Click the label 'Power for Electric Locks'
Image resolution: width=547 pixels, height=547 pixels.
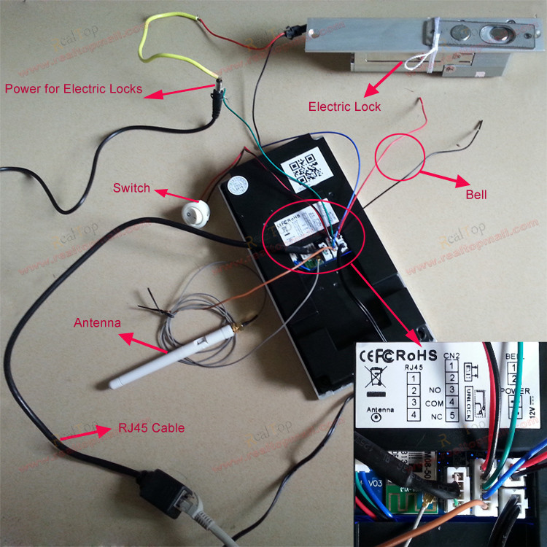pos(74,90)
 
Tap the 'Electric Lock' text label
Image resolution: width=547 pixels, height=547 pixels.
pos(344,106)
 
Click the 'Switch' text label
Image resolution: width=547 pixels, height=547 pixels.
pos(131,188)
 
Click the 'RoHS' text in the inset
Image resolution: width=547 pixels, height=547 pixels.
pos(416,355)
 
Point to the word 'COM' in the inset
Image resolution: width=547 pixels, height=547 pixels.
pos(435,403)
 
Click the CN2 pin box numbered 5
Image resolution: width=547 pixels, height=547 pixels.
pos(452,416)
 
